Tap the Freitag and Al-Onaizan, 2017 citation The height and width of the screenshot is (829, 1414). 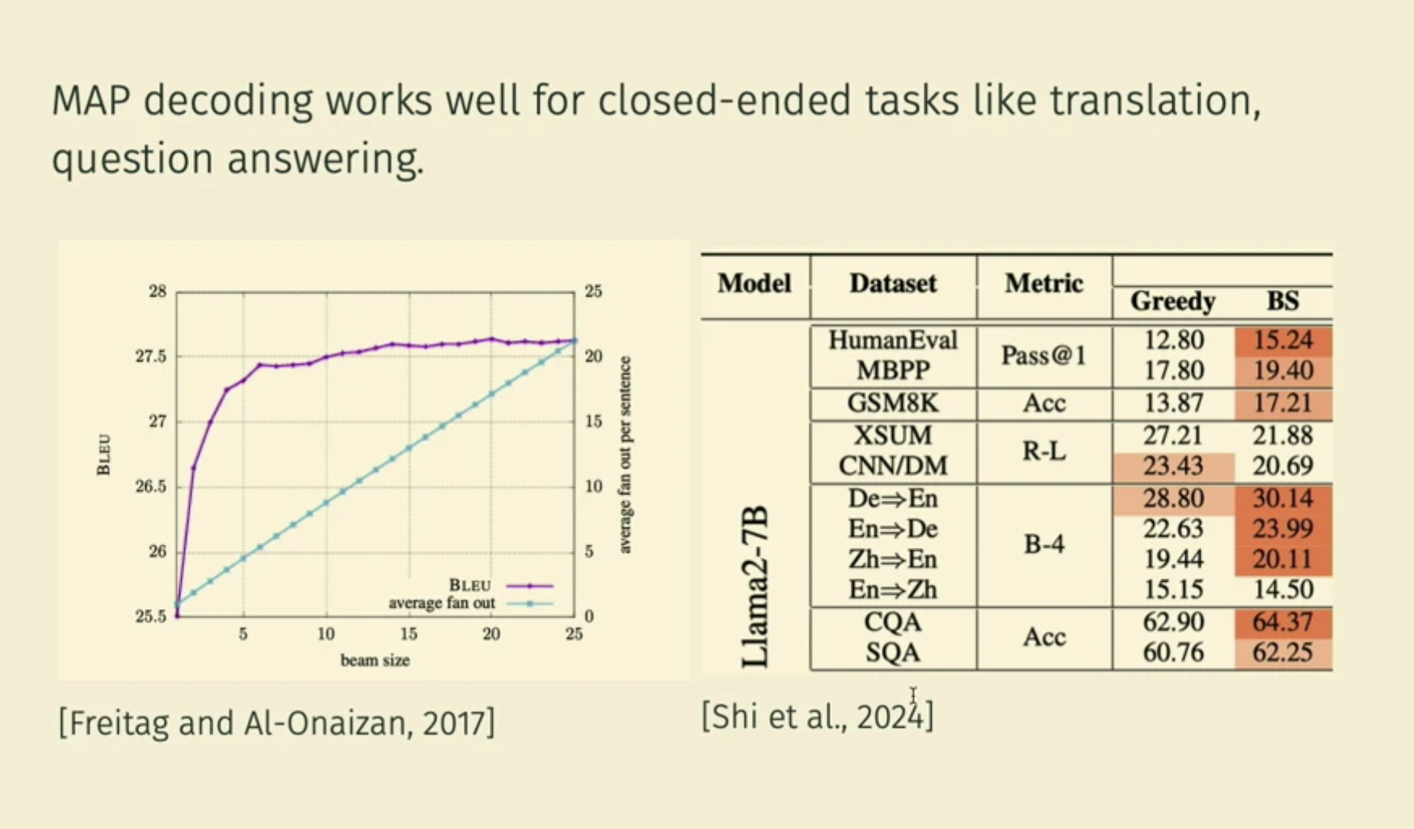click(276, 722)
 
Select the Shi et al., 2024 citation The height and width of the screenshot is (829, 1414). click(817, 716)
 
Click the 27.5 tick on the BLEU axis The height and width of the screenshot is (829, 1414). click(151, 356)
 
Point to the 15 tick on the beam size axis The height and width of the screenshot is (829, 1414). click(409, 634)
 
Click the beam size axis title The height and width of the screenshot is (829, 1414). click(375, 660)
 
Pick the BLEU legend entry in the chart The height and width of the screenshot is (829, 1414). click(470, 585)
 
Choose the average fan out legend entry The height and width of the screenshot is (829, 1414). click(441, 604)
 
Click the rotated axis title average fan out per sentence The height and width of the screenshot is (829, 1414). click(625, 455)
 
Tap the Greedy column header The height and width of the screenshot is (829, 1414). click(1172, 301)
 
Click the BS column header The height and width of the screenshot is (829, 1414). click(1282, 301)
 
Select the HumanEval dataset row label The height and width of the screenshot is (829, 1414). click(893, 340)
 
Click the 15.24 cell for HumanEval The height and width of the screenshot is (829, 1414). click(1283, 340)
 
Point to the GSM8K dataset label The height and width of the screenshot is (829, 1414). click(893, 403)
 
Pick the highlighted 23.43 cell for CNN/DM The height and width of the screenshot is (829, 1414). click(1173, 466)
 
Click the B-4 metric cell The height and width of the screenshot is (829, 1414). click(1044, 544)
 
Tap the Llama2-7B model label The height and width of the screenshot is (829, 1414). click(755, 587)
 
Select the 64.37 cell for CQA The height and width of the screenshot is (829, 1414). click(1283, 622)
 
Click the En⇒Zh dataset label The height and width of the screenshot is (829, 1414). click(893, 590)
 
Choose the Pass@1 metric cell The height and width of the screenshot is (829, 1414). click(1044, 355)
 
